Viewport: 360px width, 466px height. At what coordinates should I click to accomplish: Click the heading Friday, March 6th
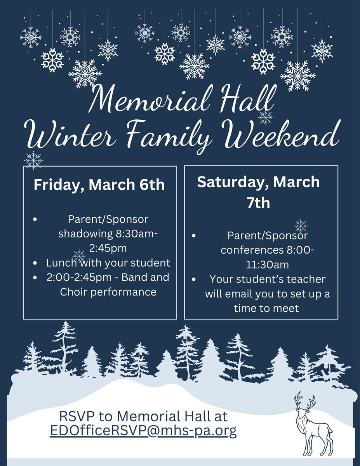pos(99,185)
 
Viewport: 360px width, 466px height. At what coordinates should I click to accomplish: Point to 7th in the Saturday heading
pos(259,202)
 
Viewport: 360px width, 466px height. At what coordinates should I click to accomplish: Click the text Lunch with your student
pos(108,263)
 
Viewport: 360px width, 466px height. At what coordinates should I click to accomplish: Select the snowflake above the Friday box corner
pos(33,160)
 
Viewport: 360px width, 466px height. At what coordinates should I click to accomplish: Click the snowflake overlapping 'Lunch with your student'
pos(79,256)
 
